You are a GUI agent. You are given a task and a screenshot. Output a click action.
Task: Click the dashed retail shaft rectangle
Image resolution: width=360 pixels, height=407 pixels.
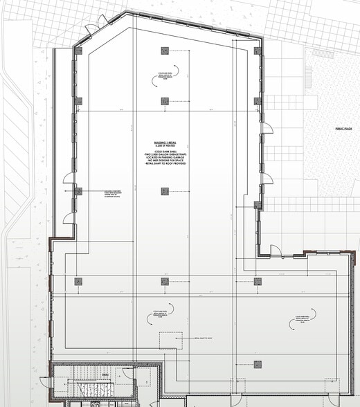coord(171,341)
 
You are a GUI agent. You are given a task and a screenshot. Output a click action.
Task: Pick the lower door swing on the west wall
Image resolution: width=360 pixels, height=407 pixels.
coord(69,218)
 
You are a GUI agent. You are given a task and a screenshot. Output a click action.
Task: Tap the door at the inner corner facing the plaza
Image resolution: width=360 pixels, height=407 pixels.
coord(275,250)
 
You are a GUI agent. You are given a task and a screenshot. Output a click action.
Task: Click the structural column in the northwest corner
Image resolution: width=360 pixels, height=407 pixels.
coord(78,51)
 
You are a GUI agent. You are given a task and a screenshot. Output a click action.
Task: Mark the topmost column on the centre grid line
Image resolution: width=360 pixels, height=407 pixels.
coord(165,51)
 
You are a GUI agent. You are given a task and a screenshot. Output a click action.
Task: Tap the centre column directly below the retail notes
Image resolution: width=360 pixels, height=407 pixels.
coord(165,192)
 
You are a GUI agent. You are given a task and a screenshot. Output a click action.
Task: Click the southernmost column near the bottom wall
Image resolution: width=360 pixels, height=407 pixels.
coord(258,365)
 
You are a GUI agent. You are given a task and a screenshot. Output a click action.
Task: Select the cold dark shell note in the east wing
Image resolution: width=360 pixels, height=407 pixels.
coord(298,321)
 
